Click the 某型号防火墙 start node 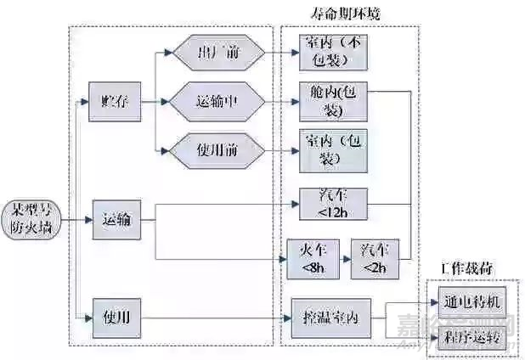[31, 219]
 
